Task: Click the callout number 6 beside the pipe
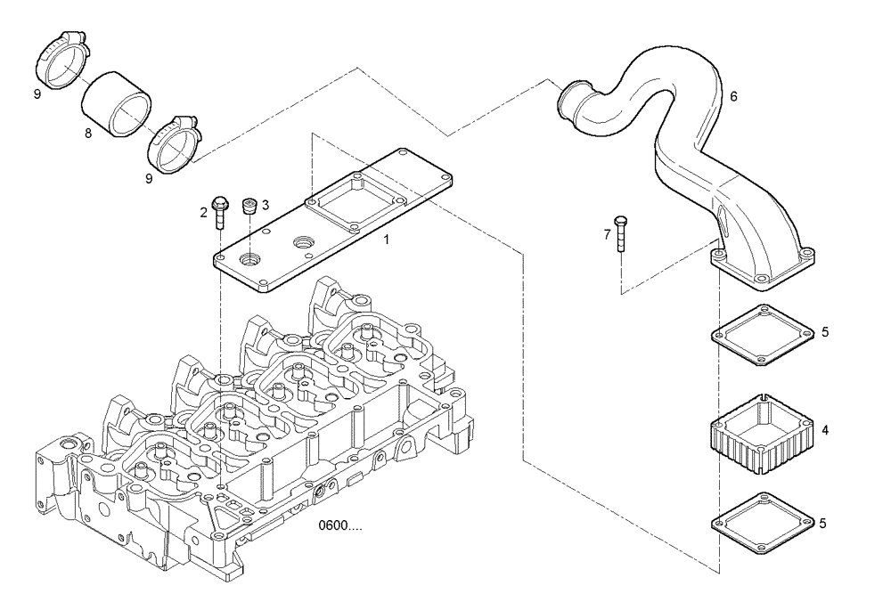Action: (x=733, y=95)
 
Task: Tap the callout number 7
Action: (x=607, y=234)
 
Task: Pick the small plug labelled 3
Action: (x=250, y=206)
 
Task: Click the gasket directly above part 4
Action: (x=763, y=336)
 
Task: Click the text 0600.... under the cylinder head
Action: (x=340, y=526)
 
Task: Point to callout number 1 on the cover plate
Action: (x=386, y=240)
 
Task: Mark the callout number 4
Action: (x=825, y=430)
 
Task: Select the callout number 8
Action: (x=87, y=134)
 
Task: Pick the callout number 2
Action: (x=203, y=212)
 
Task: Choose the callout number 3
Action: (x=266, y=204)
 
